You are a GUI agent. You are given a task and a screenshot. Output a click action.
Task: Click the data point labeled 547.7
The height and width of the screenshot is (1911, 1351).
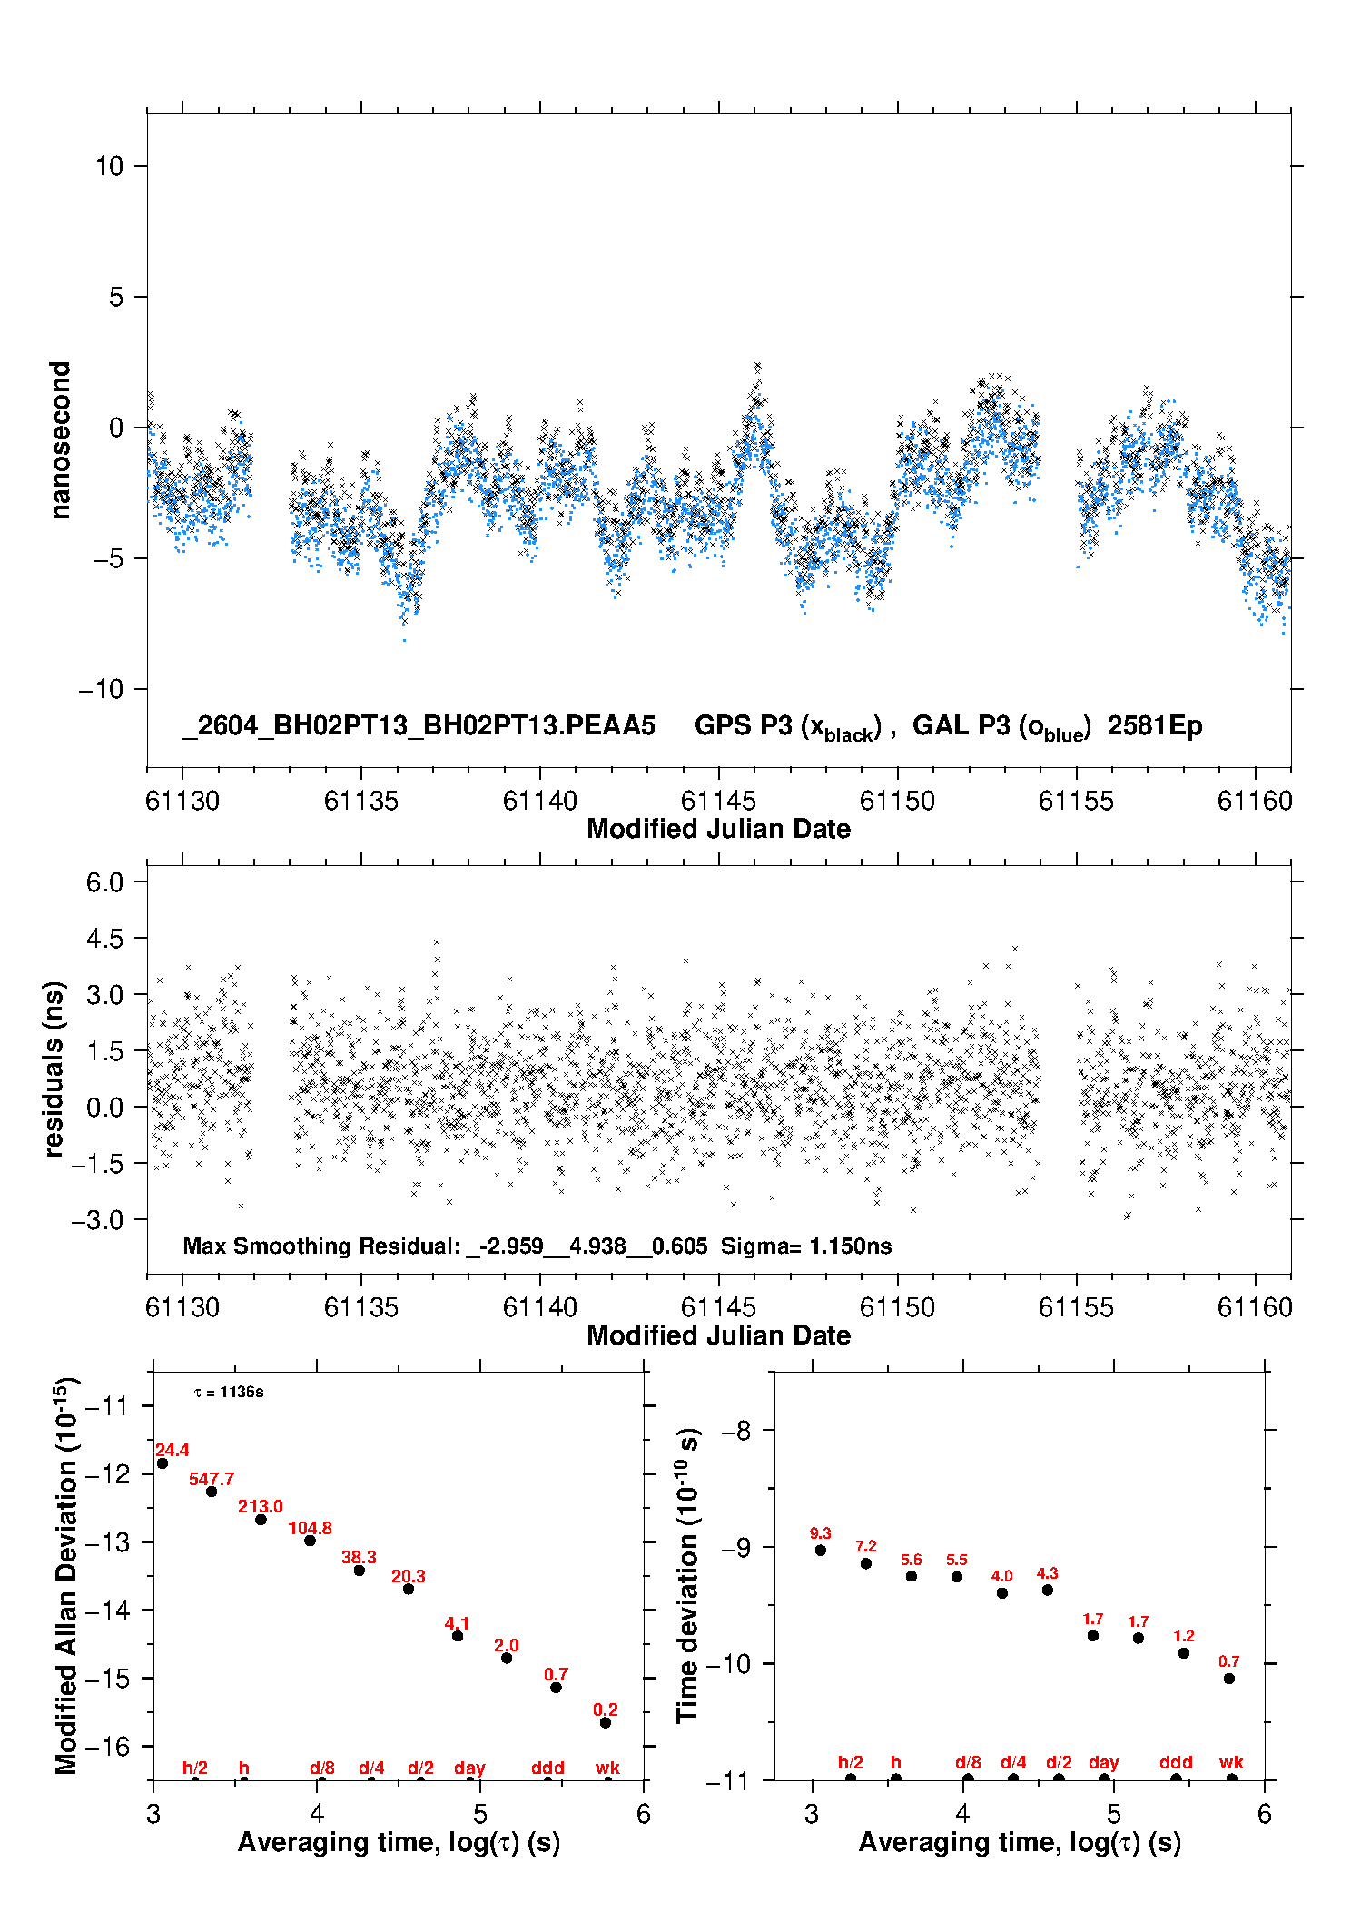(x=212, y=1491)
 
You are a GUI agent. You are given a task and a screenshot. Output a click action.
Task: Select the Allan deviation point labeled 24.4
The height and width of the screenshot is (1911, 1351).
(x=163, y=1463)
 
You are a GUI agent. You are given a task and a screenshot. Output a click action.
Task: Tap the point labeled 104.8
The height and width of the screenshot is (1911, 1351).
(x=310, y=1540)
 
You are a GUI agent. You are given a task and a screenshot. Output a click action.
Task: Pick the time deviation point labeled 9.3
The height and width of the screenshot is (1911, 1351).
(x=821, y=1550)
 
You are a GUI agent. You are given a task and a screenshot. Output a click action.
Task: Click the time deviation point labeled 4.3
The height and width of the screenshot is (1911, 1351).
(x=1048, y=1590)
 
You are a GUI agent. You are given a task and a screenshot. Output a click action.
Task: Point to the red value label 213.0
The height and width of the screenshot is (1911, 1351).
(x=261, y=1506)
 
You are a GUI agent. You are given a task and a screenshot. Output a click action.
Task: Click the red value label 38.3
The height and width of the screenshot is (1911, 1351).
(x=359, y=1557)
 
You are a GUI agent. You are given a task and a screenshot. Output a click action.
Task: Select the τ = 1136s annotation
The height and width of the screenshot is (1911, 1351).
(x=229, y=1392)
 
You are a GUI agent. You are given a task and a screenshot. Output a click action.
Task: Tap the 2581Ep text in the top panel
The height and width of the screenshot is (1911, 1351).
(x=1155, y=726)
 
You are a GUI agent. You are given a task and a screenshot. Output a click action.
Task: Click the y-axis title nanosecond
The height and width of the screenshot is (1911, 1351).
(x=61, y=440)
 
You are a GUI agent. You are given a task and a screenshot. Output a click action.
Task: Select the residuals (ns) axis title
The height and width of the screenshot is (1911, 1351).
(x=54, y=1069)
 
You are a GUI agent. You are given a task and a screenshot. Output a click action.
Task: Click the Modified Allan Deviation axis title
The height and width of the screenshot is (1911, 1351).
(x=66, y=1575)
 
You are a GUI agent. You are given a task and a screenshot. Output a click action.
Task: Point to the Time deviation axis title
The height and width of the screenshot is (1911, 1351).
(x=687, y=1575)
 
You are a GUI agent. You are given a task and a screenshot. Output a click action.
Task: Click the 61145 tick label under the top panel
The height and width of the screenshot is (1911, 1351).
(x=718, y=801)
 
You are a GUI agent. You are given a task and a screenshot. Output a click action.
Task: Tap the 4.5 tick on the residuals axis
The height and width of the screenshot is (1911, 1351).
(x=104, y=938)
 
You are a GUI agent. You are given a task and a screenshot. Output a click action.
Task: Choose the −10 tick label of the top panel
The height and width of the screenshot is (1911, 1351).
(x=101, y=689)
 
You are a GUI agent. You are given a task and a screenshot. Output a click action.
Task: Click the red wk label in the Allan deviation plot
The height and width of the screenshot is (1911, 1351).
(x=607, y=1768)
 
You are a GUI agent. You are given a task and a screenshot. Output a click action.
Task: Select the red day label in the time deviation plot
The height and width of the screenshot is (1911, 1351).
(x=1104, y=1763)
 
